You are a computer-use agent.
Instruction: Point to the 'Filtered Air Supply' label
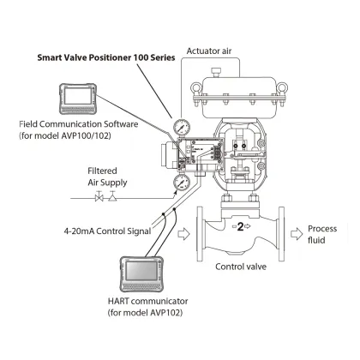click(x=110, y=177)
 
